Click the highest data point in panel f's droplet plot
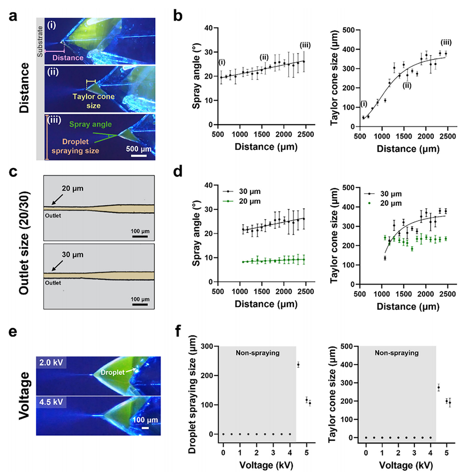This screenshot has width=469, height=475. click(x=298, y=364)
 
